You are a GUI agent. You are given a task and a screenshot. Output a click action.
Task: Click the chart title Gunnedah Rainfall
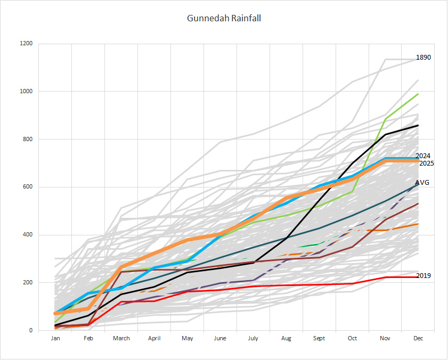[224, 18]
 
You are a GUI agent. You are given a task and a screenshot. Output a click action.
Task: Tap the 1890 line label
[423, 58]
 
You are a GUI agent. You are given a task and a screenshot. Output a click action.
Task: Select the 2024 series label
[423, 156]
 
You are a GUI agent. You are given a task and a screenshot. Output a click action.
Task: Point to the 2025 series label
[426, 163]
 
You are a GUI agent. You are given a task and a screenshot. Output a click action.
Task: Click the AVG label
[422, 182]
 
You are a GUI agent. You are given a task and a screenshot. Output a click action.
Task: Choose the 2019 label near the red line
[423, 276]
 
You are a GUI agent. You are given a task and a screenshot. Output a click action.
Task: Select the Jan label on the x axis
[55, 338]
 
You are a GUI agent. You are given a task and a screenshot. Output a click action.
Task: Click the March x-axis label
[121, 338]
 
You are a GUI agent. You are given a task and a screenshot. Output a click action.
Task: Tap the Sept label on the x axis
[319, 338]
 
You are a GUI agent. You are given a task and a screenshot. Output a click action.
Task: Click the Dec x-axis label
[418, 338]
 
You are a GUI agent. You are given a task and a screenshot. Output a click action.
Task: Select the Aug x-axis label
[286, 338]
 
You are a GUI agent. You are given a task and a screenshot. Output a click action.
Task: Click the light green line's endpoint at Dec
[418, 94]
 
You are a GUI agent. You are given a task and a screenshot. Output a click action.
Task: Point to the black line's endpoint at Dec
[418, 125]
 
